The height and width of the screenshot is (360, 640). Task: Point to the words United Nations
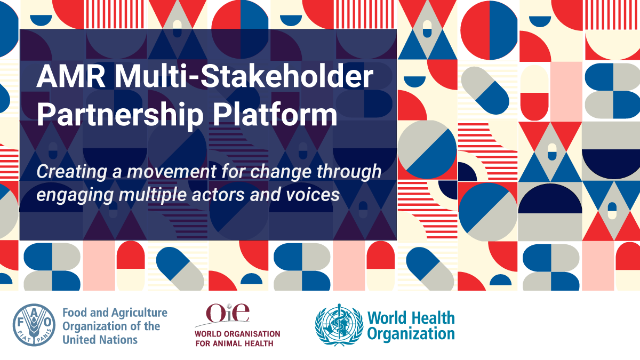[100, 339]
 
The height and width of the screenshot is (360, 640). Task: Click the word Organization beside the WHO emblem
[411, 334]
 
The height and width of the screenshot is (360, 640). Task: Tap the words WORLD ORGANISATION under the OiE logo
[237, 334]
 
